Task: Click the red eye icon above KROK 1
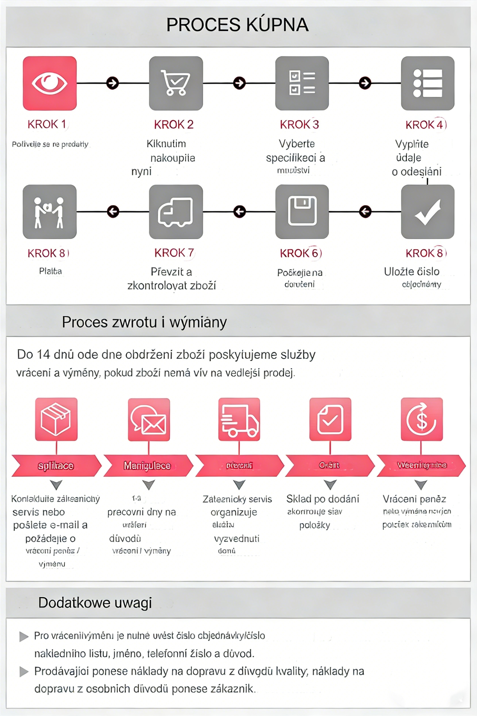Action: (x=50, y=83)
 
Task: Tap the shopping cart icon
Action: (x=176, y=83)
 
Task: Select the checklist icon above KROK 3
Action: (x=302, y=83)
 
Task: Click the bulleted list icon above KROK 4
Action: (x=427, y=83)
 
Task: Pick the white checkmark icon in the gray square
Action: (x=427, y=212)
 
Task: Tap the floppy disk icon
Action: (x=302, y=212)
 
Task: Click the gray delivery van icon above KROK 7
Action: (x=176, y=212)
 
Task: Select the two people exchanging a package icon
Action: (x=50, y=212)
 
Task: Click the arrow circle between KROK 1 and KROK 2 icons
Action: (x=113, y=83)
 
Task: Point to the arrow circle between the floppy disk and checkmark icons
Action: (x=365, y=211)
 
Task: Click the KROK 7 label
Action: (x=174, y=253)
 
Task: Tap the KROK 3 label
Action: (x=299, y=124)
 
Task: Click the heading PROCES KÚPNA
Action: (x=237, y=25)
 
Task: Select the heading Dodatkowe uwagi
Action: (x=95, y=602)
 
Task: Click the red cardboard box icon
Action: (x=56, y=419)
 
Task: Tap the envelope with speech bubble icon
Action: (x=149, y=419)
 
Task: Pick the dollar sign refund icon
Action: (x=422, y=419)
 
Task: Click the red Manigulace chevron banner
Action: (x=147, y=465)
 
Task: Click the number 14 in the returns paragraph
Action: (x=43, y=355)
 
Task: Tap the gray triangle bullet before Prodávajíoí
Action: (x=24, y=671)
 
